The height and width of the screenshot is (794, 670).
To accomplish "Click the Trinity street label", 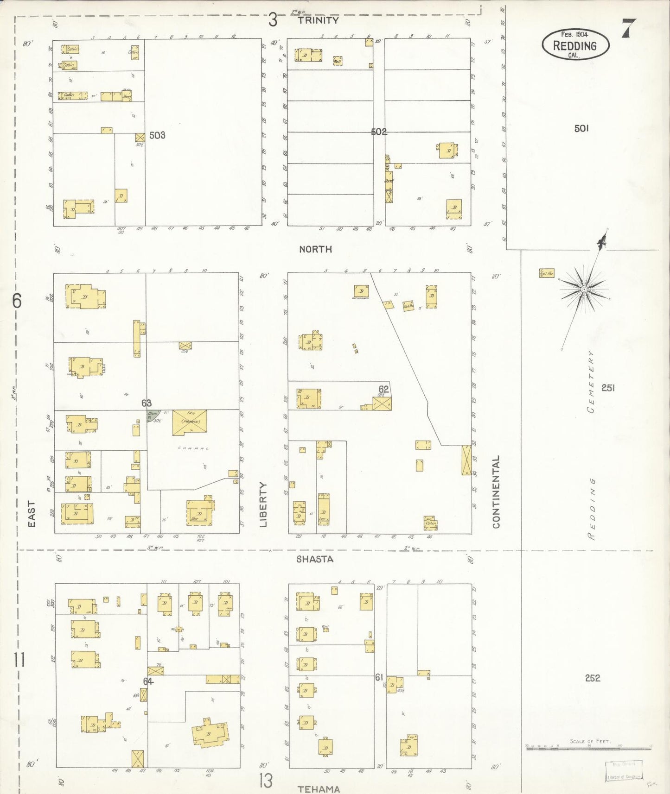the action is pos(318,20).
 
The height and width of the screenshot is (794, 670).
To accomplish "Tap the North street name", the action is pos(315,249).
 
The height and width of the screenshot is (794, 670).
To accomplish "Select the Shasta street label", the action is pos(315,559).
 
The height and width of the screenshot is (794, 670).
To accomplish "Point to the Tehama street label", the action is pos(319,789).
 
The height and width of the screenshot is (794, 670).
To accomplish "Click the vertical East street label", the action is pos(32,514).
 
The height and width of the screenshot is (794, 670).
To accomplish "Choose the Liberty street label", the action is pos(263,504).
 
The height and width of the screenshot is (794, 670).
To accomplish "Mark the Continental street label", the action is pos(496,492).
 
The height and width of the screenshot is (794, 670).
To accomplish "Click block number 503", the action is pos(157,135).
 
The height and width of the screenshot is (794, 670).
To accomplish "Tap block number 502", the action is pos(378,132).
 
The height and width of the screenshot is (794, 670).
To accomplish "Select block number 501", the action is pos(581,128).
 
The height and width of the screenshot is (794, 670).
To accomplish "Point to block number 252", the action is pos(593,678).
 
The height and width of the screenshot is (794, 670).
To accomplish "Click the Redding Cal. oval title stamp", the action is pos(575,44).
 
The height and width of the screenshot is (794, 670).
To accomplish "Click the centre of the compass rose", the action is pos(584,289).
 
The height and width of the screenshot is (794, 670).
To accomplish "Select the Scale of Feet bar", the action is pos(589,748).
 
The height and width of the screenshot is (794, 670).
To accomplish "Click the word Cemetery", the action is pos(591,382).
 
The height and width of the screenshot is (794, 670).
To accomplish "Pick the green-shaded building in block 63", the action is pos(153,415).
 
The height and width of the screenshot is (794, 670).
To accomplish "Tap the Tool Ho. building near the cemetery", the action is pos(546,273).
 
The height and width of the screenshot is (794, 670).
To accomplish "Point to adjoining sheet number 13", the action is pos(266,781).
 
